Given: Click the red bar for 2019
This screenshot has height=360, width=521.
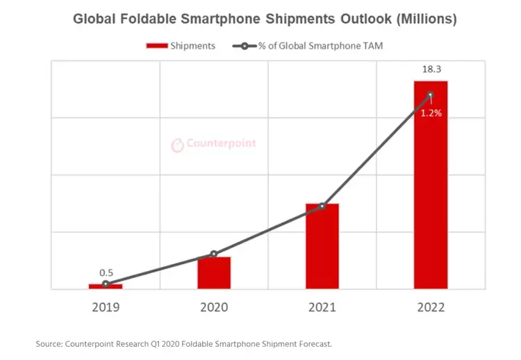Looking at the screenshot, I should pyautogui.click(x=105, y=286).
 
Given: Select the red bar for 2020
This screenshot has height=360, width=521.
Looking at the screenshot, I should pyautogui.click(x=214, y=272).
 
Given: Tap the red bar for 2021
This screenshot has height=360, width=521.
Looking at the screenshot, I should pyautogui.click(x=322, y=246).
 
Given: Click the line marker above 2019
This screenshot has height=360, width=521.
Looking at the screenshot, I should pyautogui.click(x=105, y=284).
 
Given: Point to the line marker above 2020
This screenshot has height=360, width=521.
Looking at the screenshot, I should pyautogui.click(x=214, y=254).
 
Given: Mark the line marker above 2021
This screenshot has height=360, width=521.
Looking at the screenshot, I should pyautogui.click(x=322, y=206).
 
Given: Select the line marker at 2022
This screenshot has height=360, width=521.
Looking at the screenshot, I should pyautogui.click(x=431, y=95).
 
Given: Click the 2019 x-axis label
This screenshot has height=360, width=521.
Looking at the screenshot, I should pyautogui.click(x=105, y=306).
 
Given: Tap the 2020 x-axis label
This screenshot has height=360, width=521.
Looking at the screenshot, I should pyautogui.click(x=214, y=306).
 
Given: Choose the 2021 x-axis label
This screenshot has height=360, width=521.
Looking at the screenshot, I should pyautogui.click(x=322, y=306).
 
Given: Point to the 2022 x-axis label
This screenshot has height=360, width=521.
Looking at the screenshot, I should pyautogui.click(x=431, y=306).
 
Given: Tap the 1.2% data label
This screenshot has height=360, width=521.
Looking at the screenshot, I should pyautogui.click(x=431, y=113).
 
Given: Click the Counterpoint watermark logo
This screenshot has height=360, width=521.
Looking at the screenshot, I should pyautogui.click(x=214, y=144).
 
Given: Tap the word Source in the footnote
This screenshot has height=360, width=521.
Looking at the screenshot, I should pyautogui.click(x=49, y=343).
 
